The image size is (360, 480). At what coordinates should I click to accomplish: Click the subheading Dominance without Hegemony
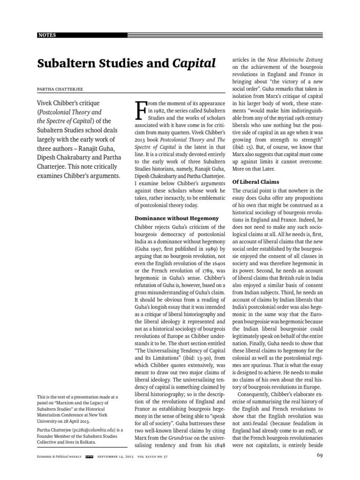pos(177,218)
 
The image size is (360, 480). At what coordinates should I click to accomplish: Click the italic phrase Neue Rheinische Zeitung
pos(294,60)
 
